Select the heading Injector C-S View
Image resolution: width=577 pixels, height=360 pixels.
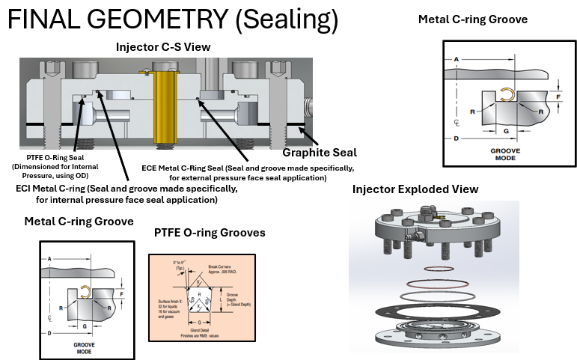click(162, 47)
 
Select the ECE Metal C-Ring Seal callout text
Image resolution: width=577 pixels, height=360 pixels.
click(247, 173)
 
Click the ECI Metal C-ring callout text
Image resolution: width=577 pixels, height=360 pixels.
click(126, 194)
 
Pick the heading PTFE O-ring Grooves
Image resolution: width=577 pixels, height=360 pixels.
click(209, 234)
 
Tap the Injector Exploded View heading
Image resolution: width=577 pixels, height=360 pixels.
click(415, 189)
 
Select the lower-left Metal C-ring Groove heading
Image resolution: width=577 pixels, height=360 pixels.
click(79, 222)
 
